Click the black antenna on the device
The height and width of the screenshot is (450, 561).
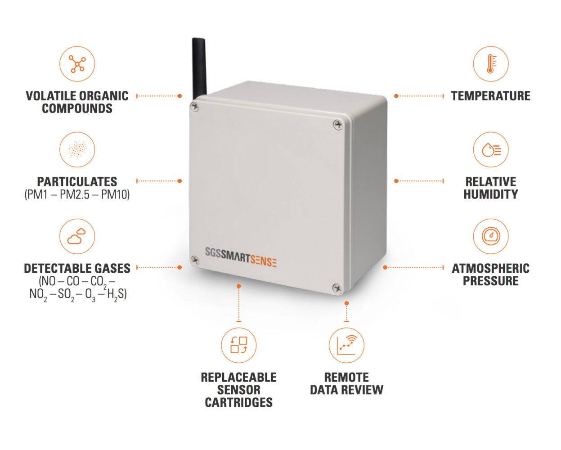(199, 68)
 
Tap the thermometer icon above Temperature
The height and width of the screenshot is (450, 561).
(491, 64)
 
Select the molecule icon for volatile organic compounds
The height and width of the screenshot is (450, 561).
(77, 64)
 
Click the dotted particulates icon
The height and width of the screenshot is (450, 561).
(77, 149)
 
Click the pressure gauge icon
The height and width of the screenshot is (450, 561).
(491, 236)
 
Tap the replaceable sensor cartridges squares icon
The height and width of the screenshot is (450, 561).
(239, 345)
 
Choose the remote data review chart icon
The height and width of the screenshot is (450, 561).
(346, 345)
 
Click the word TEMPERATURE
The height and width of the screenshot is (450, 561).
(491, 96)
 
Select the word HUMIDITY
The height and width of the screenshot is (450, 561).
(491, 194)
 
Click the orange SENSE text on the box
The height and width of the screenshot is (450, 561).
(263, 261)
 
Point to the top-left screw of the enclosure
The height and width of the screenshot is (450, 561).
(194, 107)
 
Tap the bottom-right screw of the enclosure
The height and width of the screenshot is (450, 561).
(337, 288)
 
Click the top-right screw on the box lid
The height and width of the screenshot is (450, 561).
(338, 125)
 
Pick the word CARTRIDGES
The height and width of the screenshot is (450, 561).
(239, 402)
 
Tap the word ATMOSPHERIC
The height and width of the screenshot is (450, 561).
(491, 269)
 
